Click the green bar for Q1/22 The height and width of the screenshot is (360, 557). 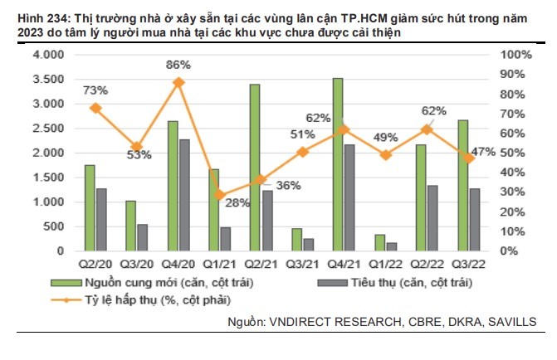pyautogui.click(x=380, y=242)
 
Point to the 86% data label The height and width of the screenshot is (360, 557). pyautogui.click(x=178, y=64)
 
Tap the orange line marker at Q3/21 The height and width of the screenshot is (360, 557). pyautogui.click(x=303, y=152)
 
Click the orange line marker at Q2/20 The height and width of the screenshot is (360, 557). pyautogui.click(x=95, y=108)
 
